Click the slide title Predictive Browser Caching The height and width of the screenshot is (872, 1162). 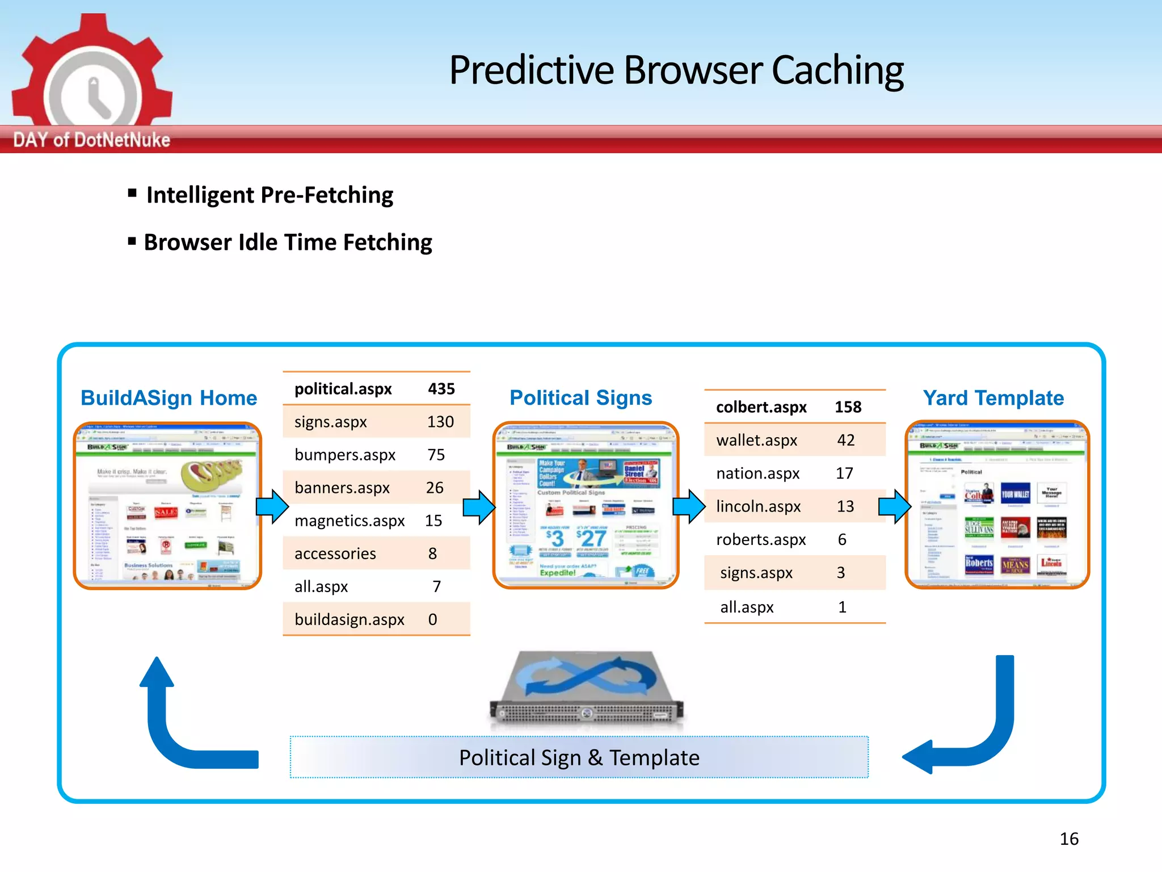tap(676, 70)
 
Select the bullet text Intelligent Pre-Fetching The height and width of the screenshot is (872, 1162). tap(270, 195)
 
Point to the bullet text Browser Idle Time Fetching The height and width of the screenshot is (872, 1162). tap(288, 242)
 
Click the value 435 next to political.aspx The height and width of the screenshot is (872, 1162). tap(441, 389)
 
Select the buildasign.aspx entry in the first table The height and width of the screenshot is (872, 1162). tap(350, 619)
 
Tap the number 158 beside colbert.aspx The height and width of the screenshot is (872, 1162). tap(848, 407)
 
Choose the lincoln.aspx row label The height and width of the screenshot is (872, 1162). tap(758, 506)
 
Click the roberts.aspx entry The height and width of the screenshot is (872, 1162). tap(761, 539)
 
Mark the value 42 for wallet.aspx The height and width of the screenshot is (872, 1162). tap(845, 440)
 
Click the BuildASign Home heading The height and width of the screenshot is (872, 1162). tap(169, 398)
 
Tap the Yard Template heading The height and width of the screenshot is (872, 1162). tap(993, 398)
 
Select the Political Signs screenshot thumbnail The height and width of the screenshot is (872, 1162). tap(586, 505)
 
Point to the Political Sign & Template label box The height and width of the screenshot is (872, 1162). tap(579, 757)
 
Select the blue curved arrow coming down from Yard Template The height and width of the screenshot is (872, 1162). tap(976, 732)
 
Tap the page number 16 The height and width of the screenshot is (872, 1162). tap(1069, 839)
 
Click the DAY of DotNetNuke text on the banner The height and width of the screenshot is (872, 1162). tap(91, 140)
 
